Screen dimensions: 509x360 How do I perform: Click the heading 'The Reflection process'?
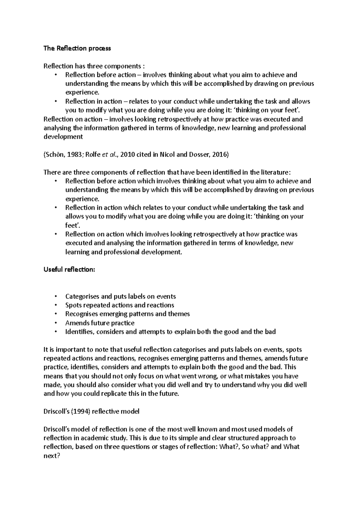point(77,48)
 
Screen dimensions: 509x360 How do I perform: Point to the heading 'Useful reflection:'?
point(69,269)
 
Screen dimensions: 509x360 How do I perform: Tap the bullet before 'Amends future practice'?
point(56,323)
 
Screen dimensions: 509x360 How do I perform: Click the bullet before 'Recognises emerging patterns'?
point(56,314)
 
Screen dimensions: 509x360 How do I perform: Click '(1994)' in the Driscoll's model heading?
point(81,412)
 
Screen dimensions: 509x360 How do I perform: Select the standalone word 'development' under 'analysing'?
point(63,137)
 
